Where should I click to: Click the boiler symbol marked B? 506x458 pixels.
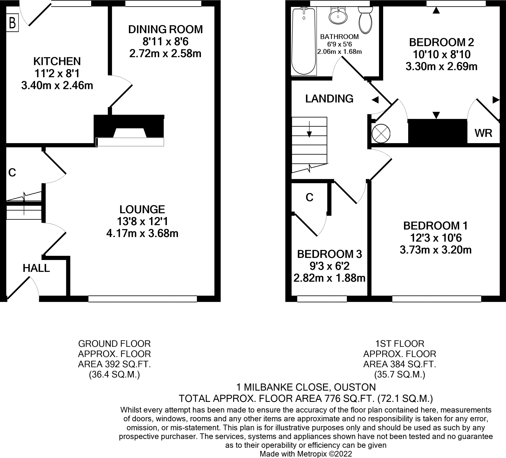coord(12,23)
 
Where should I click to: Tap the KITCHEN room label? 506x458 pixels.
coord(57,61)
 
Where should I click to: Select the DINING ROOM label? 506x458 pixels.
coord(165,29)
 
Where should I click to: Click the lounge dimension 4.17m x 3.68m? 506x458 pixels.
coord(142,234)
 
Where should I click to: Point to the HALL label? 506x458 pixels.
coord(36,268)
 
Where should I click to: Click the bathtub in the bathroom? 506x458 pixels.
coord(304,42)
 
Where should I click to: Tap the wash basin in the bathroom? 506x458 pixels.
coord(338,16)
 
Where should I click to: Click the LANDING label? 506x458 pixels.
coord(329,99)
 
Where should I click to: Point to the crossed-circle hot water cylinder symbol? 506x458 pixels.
coord(381,133)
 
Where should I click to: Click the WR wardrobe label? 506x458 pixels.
coord(483,133)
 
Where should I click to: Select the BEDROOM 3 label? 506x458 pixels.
coord(329,254)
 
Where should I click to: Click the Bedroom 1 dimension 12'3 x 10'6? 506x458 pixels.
coord(436,238)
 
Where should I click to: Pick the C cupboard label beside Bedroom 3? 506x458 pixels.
coord(310,198)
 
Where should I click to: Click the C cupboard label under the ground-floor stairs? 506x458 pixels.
coord(12,173)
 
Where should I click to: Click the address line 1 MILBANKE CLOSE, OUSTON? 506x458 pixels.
coord(306,387)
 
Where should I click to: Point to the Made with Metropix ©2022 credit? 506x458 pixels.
coord(306,454)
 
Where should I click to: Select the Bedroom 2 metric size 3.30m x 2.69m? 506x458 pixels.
coord(441,66)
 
